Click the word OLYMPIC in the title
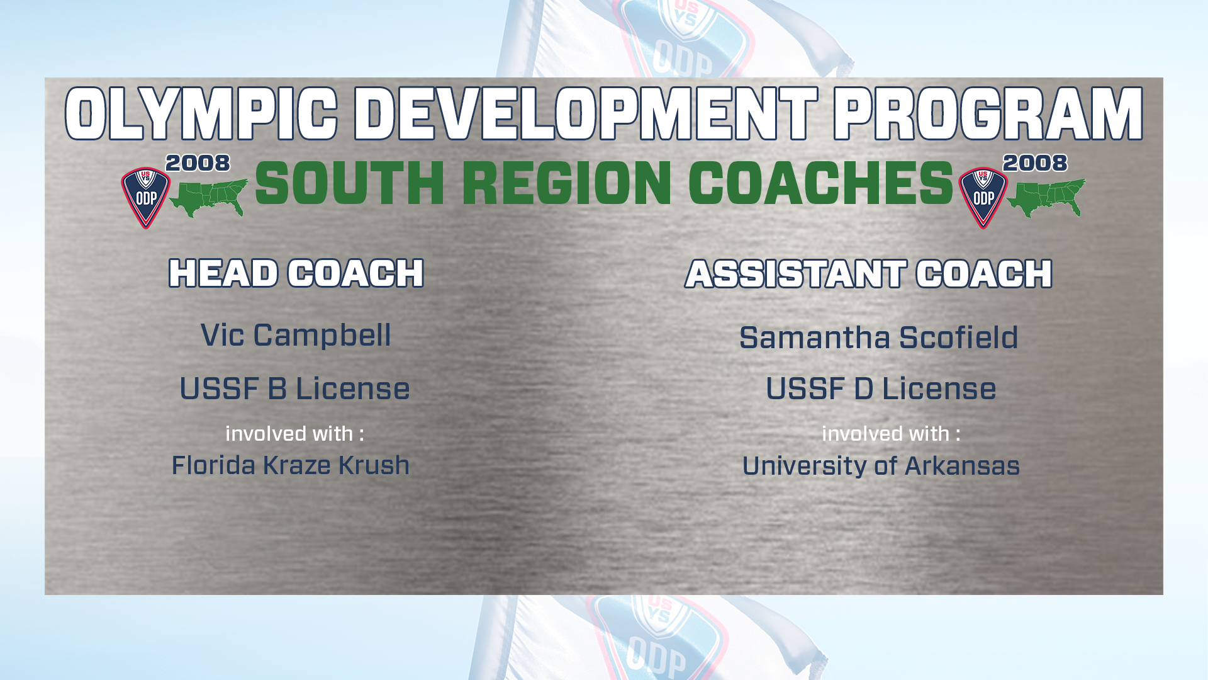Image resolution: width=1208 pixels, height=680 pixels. (x=201, y=114)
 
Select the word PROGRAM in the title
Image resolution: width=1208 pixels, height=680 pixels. (x=988, y=114)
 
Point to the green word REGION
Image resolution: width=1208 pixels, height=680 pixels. (x=567, y=183)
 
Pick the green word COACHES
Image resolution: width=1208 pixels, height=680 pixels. (x=821, y=183)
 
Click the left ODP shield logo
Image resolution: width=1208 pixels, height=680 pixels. (x=146, y=198)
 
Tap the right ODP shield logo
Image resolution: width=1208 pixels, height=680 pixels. (x=983, y=198)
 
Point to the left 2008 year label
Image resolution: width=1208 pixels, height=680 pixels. (x=198, y=163)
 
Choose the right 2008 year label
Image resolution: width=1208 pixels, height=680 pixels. (x=1036, y=163)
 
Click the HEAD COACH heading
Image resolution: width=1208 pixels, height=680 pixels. (x=296, y=273)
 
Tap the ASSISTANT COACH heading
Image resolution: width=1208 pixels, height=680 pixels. (x=869, y=274)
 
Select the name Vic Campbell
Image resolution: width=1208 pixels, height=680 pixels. (x=296, y=335)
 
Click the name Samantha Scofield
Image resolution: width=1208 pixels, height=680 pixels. (x=878, y=337)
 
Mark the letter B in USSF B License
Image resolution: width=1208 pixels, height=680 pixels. (x=277, y=388)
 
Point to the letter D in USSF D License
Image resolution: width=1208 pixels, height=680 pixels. (x=864, y=388)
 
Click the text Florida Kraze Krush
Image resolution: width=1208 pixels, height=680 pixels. (x=291, y=465)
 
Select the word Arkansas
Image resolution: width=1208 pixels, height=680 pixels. (x=962, y=466)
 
